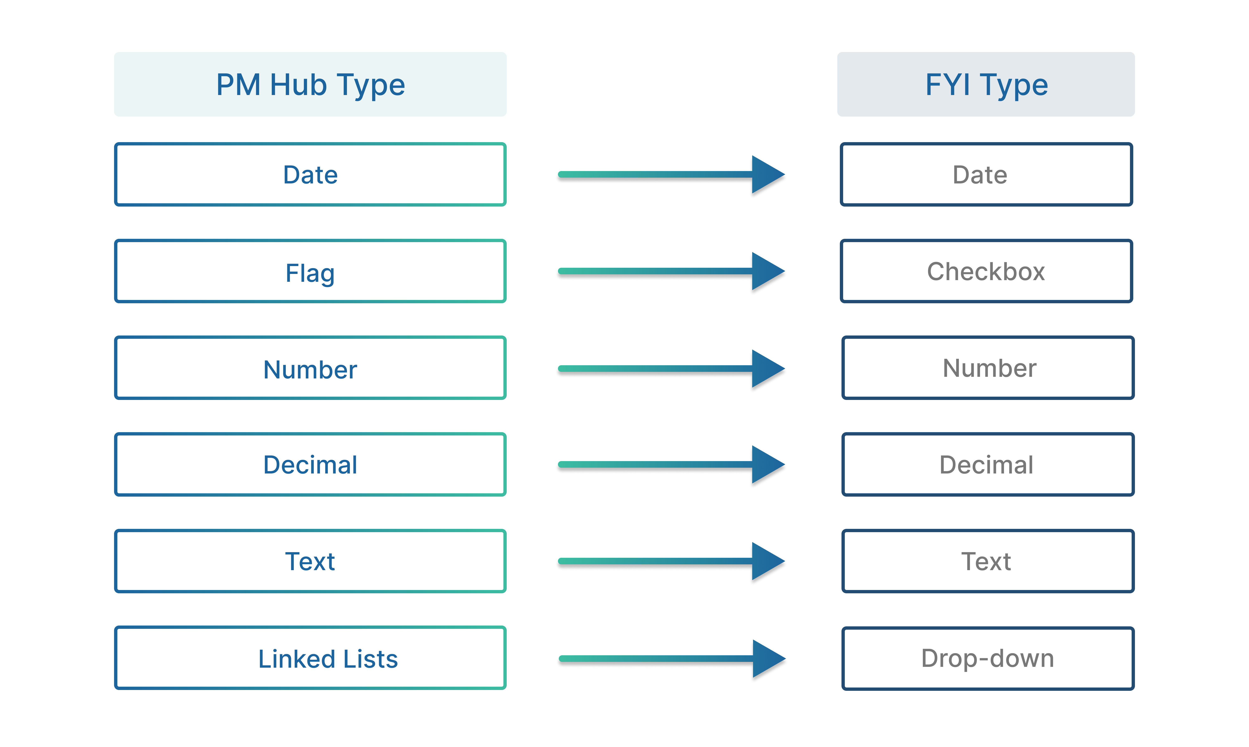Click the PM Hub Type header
(310, 84)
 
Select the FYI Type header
(986, 84)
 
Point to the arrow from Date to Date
(672, 175)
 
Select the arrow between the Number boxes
(672, 369)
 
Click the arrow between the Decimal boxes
(672, 465)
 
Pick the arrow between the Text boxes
(672, 561)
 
